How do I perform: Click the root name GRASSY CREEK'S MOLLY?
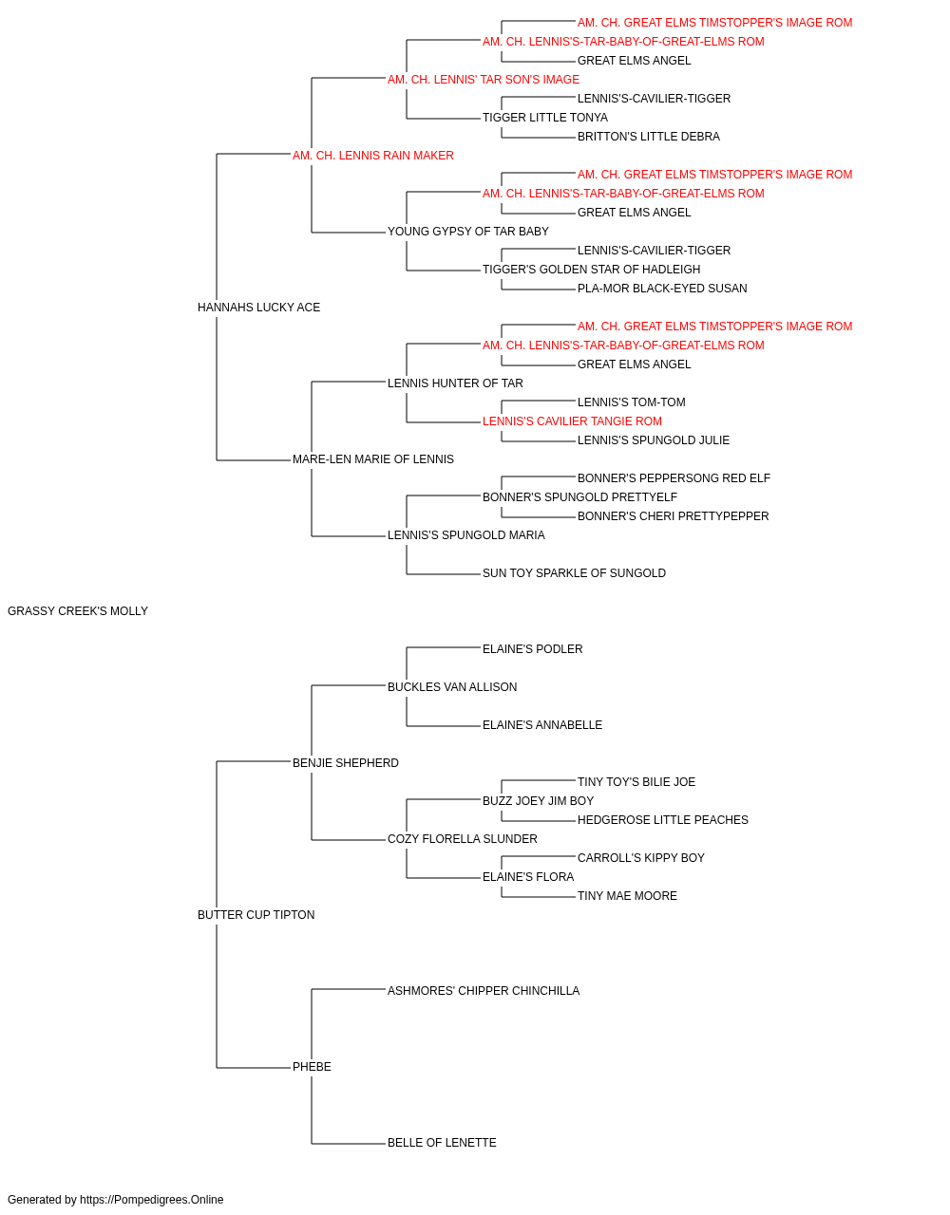(78, 611)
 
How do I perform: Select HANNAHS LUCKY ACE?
(258, 308)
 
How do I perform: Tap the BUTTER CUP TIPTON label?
(256, 915)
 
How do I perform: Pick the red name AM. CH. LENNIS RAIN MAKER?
(372, 156)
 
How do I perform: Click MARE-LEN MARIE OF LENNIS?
(372, 459)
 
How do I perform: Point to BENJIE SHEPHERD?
(345, 762)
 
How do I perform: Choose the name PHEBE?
(312, 1066)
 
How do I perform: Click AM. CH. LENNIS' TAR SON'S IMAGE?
(484, 80)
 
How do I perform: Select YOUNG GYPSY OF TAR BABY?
(467, 232)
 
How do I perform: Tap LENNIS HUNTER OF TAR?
(455, 383)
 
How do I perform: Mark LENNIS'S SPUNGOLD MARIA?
(466, 535)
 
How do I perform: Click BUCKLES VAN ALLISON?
(452, 686)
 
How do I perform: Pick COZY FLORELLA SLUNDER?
(462, 839)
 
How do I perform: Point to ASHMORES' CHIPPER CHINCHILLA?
(484, 991)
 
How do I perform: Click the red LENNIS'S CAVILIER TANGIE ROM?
(572, 421)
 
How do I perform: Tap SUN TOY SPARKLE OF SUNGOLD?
(574, 573)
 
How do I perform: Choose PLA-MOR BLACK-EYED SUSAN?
(662, 289)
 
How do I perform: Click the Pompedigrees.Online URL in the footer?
(151, 1200)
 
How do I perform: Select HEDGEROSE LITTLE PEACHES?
(662, 820)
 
